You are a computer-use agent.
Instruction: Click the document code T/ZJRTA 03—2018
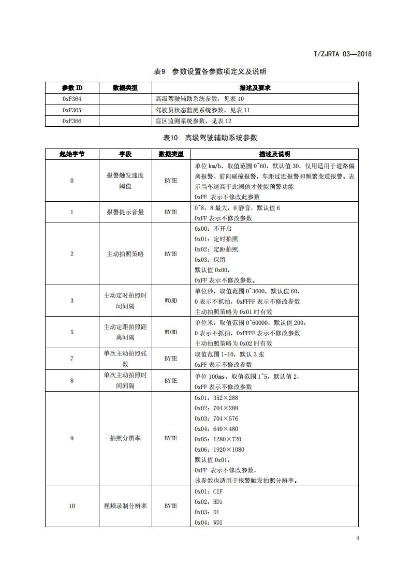(x=343, y=54)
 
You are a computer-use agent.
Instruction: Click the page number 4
(x=357, y=538)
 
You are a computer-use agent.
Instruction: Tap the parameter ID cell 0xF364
(x=72, y=98)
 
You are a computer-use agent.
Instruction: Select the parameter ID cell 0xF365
(x=72, y=110)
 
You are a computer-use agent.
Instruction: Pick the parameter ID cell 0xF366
(x=72, y=121)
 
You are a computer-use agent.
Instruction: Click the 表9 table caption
(x=210, y=71)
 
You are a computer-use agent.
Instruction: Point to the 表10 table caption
(x=210, y=138)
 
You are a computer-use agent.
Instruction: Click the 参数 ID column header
(x=72, y=87)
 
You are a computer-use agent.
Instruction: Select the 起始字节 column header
(x=72, y=154)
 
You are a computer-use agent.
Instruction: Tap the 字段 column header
(x=125, y=154)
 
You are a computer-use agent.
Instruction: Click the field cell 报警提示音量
(x=125, y=212)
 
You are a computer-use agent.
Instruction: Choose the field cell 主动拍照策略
(x=125, y=254)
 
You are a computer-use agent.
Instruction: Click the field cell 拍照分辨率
(x=125, y=438)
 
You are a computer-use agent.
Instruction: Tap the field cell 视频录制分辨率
(x=125, y=506)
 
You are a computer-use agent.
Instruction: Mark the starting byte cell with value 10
(x=72, y=506)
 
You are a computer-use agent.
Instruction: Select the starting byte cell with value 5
(x=72, y=332)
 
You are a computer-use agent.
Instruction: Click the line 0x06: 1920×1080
(x=219, y=450)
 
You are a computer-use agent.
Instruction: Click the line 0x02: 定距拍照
(x=216, y=249)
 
